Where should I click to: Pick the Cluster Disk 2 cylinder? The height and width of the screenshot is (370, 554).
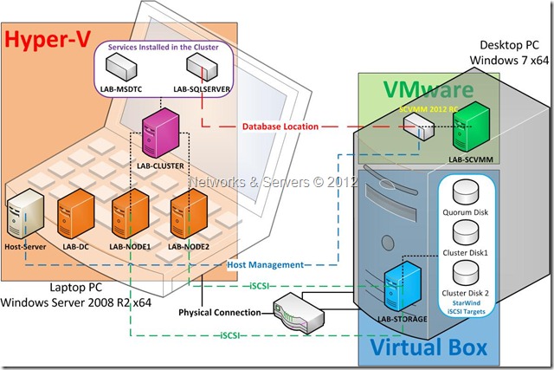coord(467,273)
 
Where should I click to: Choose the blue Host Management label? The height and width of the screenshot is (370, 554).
coord(265,264)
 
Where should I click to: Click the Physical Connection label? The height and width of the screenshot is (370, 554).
coord(218,311)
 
